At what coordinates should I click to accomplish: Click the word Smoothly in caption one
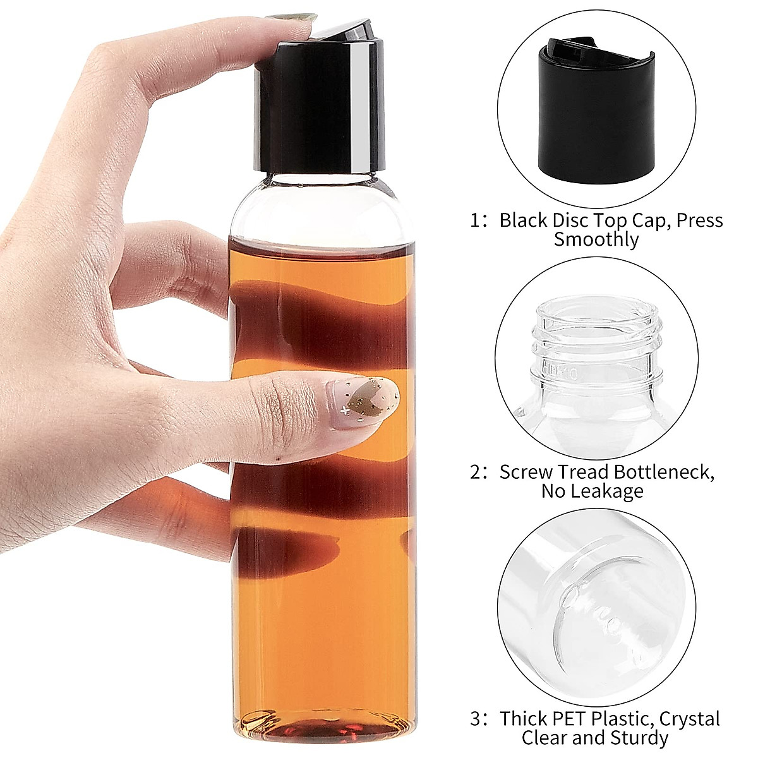tap(596, 239)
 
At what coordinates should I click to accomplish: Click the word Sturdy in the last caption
tap(639, 738)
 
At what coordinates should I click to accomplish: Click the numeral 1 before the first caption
tap(476, 221)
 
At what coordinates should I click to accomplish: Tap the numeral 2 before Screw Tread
tap(476, 472)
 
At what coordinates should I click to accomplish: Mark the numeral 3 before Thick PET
tap(476, 719)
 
